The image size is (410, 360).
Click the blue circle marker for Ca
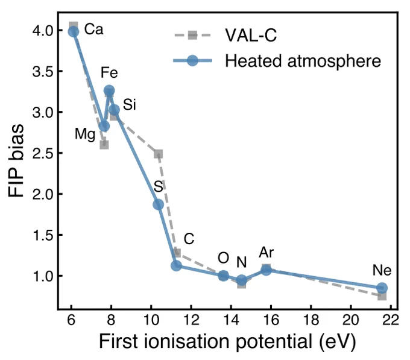74,32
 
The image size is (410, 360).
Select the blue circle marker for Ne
382,288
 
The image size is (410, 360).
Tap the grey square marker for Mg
104,144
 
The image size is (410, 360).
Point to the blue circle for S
158,204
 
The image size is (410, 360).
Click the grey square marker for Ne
382,296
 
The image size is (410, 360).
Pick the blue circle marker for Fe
109,90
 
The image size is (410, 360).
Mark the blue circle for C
176,266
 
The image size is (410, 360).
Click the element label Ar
266,253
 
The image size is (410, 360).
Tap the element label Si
130,104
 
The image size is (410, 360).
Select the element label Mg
85,134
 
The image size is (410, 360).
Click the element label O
223,257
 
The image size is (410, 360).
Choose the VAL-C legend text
251,35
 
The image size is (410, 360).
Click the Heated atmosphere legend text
303,61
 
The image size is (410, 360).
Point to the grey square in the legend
193,35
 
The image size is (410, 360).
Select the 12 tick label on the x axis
191,320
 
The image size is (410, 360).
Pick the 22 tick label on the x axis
391,320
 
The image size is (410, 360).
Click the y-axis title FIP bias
16,160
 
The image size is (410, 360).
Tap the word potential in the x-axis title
274,342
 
